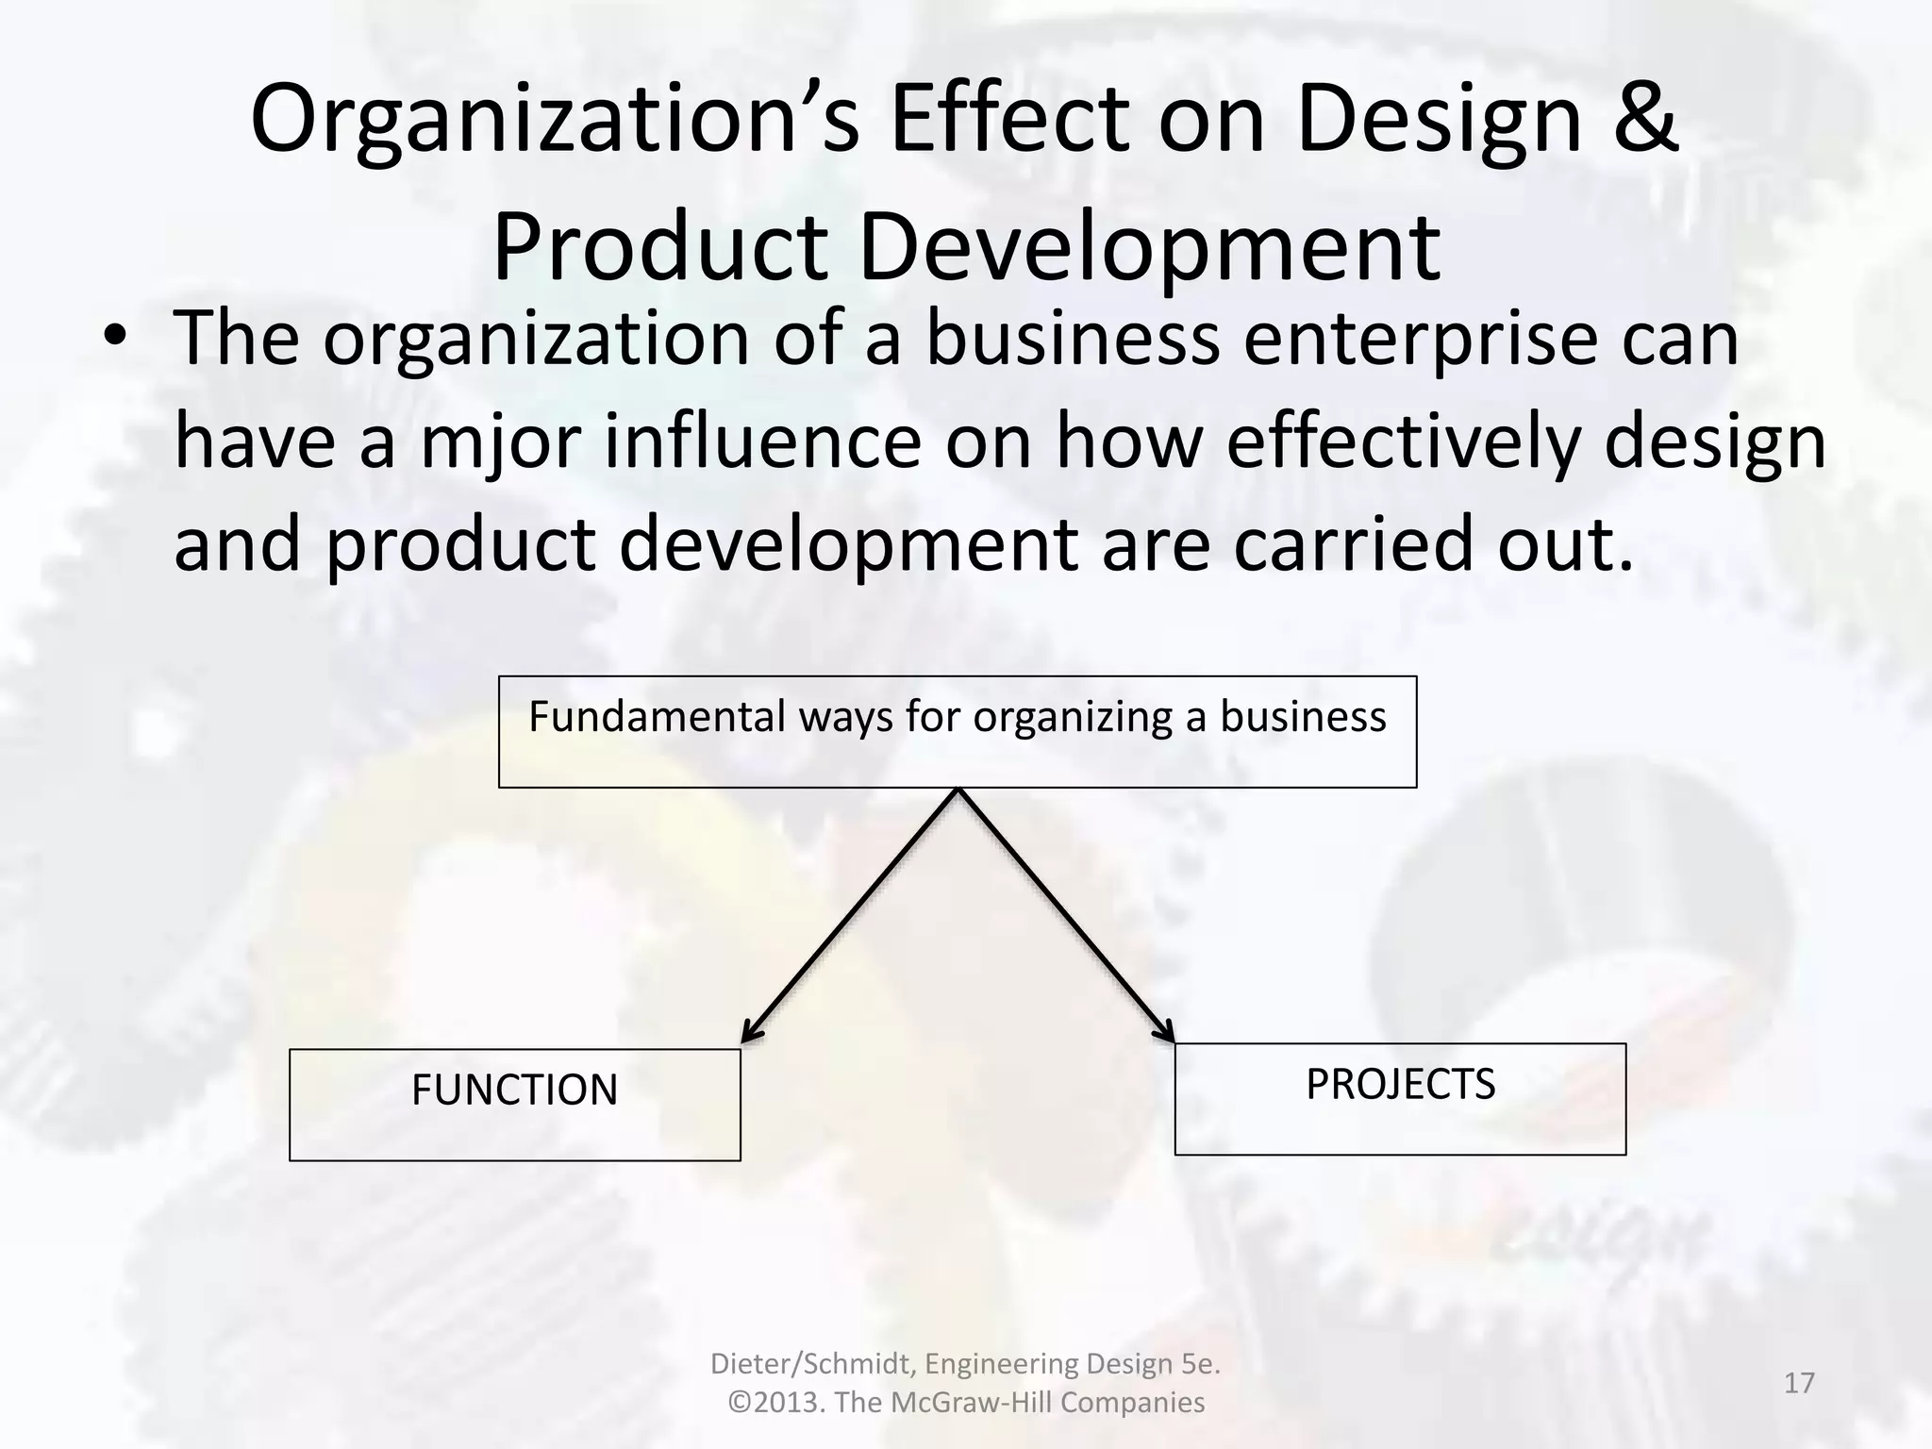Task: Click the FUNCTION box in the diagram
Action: pos(514,1104)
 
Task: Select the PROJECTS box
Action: pos(1400,1098)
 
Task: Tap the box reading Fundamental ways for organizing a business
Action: pos(957,732)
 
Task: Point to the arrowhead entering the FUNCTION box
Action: pos(750,1034)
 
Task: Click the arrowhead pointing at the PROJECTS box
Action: pos(1166,1031)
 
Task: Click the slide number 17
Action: pos(1799,1383)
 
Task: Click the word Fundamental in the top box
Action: pos(657,716)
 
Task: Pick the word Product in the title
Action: pos(659,247)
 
